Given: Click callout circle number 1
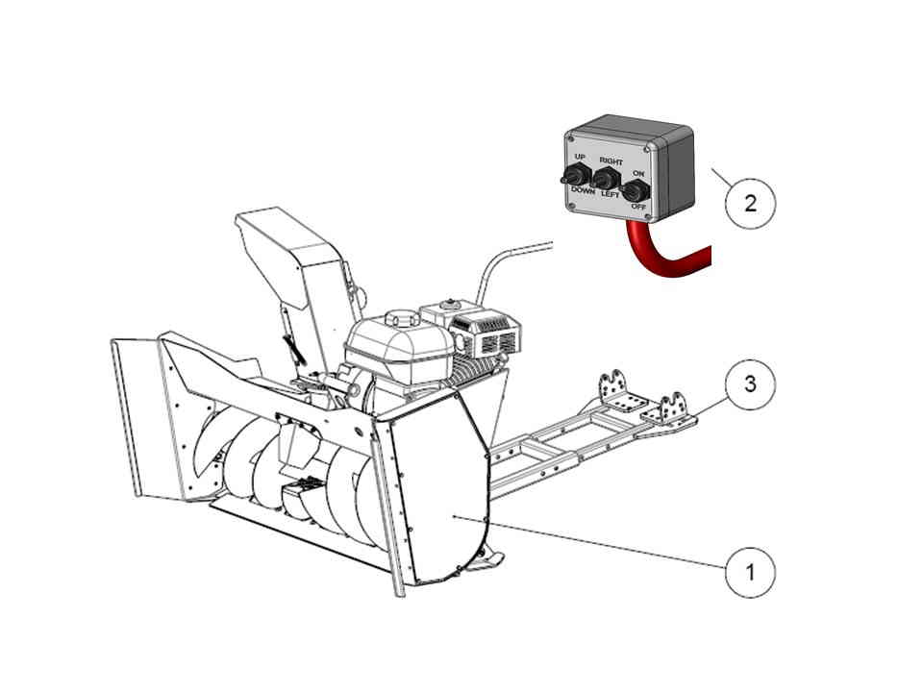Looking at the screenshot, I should tap(749, 573).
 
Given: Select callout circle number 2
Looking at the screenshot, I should tap(749, 203).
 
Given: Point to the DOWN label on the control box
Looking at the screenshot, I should tap(583, 191).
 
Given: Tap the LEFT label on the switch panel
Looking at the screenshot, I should tap(611, 194).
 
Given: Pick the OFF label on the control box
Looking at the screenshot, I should tap(637, 206).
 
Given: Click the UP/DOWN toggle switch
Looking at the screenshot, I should tap(572, 175).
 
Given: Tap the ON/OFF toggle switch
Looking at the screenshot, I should tap(635, 189).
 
